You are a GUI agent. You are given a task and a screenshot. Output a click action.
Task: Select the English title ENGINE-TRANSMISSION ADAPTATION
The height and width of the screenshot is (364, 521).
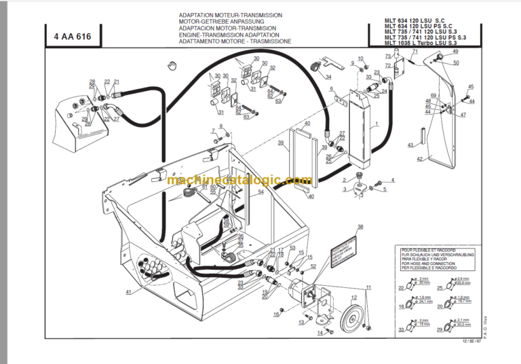tap(229, 34)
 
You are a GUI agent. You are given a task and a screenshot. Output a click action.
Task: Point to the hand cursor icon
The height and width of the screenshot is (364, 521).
tap(172, 65)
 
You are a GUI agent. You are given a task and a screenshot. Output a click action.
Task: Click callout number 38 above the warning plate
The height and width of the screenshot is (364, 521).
tap(360, 227)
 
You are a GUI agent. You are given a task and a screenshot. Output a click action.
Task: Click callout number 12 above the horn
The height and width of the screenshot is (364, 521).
tap(353, 297)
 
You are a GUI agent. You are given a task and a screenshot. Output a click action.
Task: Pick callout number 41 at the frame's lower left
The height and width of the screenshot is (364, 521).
tap(128, 292)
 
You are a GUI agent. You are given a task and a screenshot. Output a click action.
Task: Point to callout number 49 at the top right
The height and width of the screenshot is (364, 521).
tap(455, 52)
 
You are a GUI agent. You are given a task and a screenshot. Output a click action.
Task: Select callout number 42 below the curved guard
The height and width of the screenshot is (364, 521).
tap(419, 159)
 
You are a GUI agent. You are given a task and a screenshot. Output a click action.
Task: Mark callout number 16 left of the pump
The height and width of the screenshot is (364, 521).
tap(277, 315)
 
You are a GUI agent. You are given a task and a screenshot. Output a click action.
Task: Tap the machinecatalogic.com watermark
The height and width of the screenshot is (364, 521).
tap(239, 181)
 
